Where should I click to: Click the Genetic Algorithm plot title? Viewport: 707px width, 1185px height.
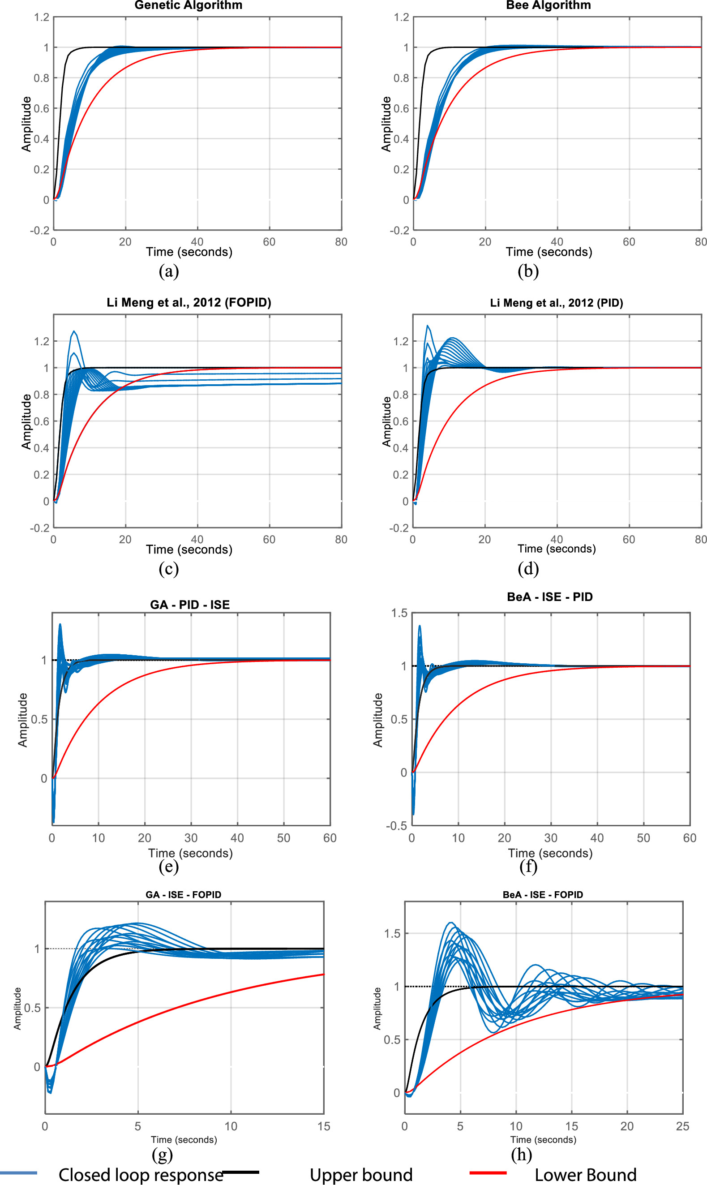pos(188,5)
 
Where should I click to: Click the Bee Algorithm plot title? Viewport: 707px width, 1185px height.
pos(548,5)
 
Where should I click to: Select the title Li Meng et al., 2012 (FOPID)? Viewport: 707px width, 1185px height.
pos(189,303)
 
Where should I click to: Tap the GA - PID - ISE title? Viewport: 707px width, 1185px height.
pos(189,605)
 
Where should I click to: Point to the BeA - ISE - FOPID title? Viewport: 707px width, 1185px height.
pos(543,894)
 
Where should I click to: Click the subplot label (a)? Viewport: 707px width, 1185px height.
pos(169,271)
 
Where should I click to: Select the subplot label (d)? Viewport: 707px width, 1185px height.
pos(528,568)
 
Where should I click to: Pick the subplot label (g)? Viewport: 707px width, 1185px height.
pos(162,1154)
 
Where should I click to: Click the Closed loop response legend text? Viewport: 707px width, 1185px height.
pos(141,1175)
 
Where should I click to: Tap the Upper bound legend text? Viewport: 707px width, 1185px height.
pos(361,1175)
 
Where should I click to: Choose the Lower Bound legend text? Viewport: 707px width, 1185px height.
pos(585,1175)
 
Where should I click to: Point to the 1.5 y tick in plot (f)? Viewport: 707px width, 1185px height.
pos(399,613)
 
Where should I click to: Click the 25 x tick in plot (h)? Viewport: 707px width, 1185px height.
pos(682,1126)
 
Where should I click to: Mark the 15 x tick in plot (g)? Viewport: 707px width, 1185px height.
pos(323,1126)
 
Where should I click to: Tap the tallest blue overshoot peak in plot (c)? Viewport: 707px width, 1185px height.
pos(74,331)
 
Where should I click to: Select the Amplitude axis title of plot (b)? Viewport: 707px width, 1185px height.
pos(386,124)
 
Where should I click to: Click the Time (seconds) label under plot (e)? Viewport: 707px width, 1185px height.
pos(190,853)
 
